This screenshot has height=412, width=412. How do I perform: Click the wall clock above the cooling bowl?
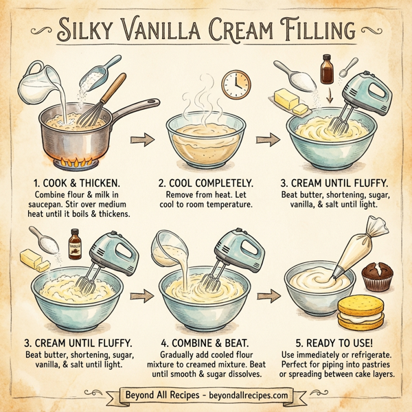[236, 82]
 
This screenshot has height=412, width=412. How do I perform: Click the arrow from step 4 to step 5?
[266, 295]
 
